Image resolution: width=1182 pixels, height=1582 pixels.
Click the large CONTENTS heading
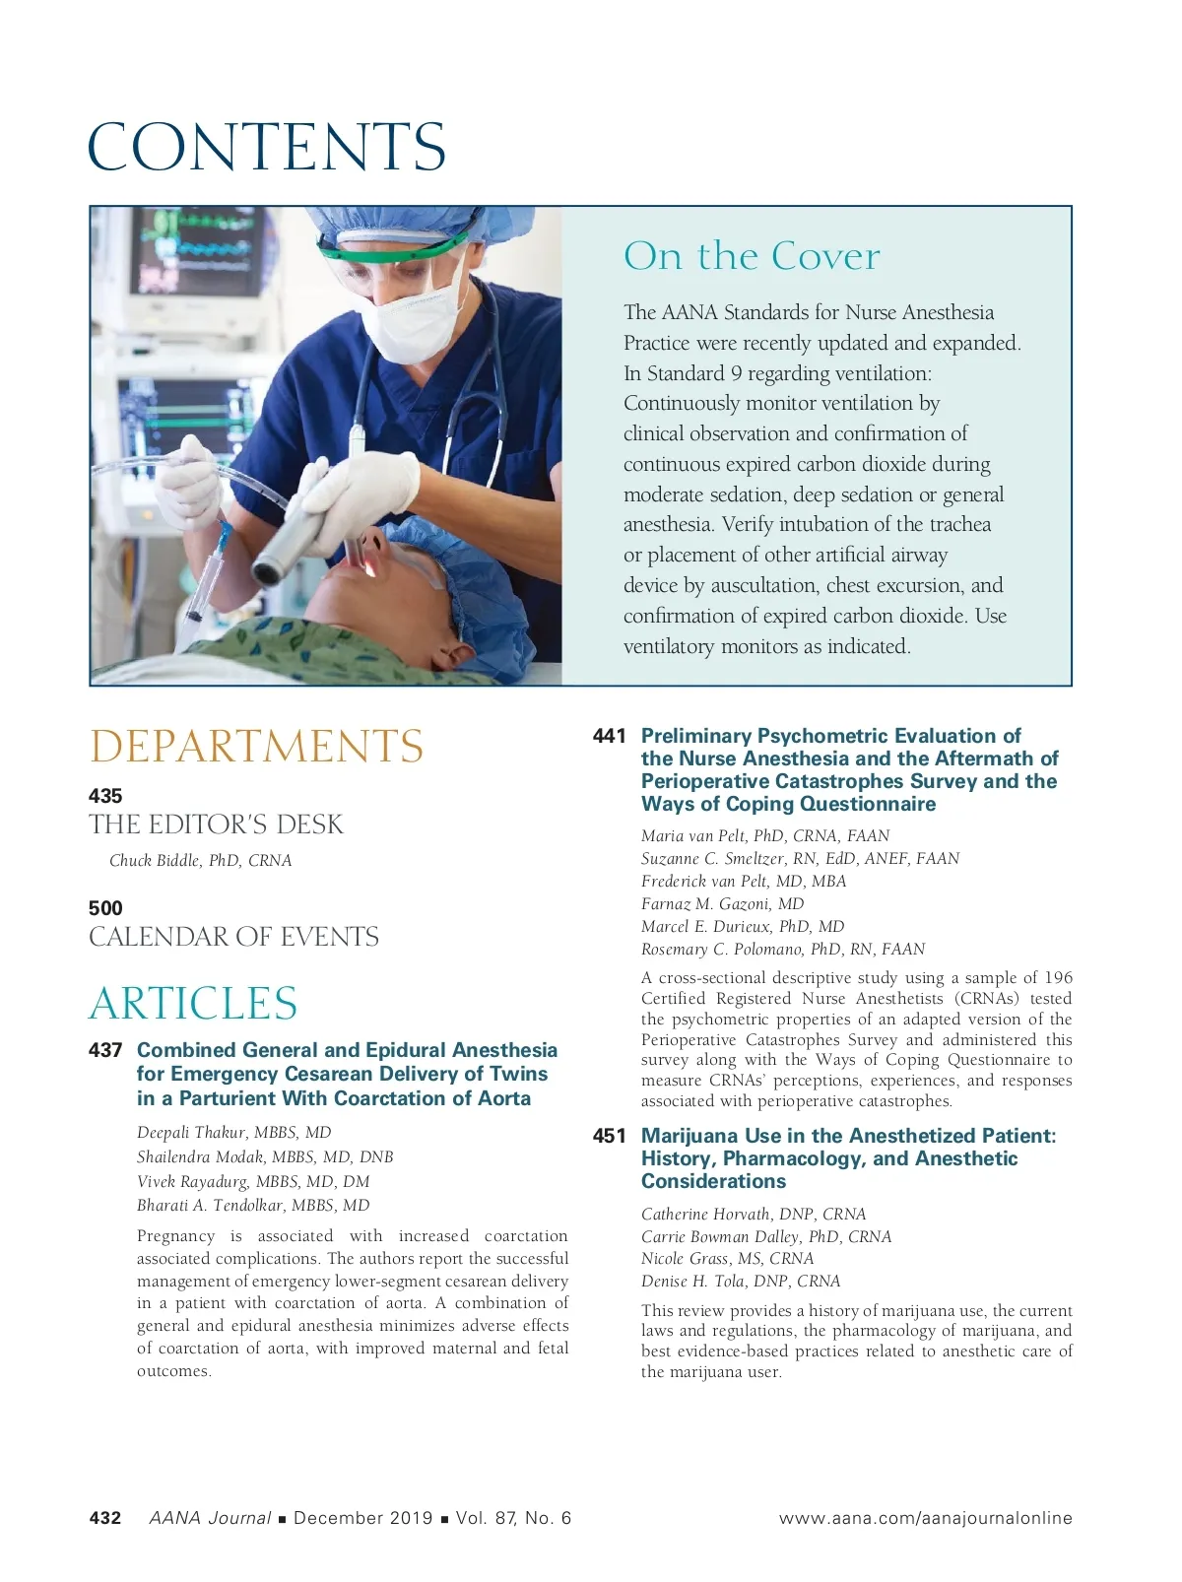(267, 147)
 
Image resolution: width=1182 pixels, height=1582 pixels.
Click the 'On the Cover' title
(752, 256)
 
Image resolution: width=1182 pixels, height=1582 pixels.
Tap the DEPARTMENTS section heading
(256, 747)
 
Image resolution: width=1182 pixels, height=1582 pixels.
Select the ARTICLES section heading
(193, 1004)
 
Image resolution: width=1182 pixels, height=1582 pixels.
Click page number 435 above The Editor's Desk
(105, 796)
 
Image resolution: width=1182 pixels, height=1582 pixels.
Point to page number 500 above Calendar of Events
(105, 908)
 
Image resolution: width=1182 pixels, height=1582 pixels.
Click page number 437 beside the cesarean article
(105, 1051)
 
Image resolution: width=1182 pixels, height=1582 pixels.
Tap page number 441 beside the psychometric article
(609, 736)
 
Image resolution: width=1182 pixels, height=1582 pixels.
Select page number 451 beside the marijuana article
(609, 1137)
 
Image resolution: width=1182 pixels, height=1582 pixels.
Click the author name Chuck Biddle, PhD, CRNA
(200, 861)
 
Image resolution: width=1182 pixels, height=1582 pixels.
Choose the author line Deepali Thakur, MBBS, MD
(233, 1133)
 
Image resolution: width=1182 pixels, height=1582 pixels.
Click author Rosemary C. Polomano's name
(783, 950)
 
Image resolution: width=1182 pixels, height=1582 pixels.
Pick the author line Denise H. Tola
(741, 1282)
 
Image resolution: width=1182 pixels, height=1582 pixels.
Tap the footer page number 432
(105, 1518)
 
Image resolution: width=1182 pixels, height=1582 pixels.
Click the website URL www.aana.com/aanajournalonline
(925, 1518)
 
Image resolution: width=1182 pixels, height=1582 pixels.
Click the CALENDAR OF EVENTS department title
(233, 937)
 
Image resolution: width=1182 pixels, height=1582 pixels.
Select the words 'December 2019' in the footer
(362, 1518)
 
